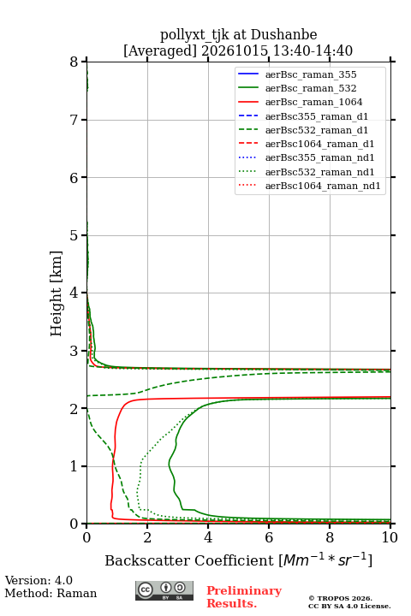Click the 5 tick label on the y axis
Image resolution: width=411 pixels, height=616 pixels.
pyautogui.click(x=74, y=235)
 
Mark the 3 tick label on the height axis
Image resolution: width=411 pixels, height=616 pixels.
pyautogui.click(x=74, y=351)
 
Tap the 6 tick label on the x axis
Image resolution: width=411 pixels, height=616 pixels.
pyautogui.click(x=269, y=537)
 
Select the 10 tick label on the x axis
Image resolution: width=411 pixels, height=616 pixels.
pyautogui.click(x=390, y=537)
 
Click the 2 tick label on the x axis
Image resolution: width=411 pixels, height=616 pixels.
pyautogui.click(x=147, y=537)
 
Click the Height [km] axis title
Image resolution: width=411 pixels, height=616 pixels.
pyautogui.click(x=57, y=293)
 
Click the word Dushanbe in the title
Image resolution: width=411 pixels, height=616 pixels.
pyautogui.click(x=283, y=35)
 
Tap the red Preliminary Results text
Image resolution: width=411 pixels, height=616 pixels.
pyautogui.click(x=244, y=597)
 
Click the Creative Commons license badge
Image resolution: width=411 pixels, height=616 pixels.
pyautogui.click(x=164, y=591)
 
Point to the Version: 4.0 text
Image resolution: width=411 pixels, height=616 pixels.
pyautogui.click(x=39, y=581)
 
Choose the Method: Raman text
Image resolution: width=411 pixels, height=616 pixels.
pyautogui.click(x=51, y=593)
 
